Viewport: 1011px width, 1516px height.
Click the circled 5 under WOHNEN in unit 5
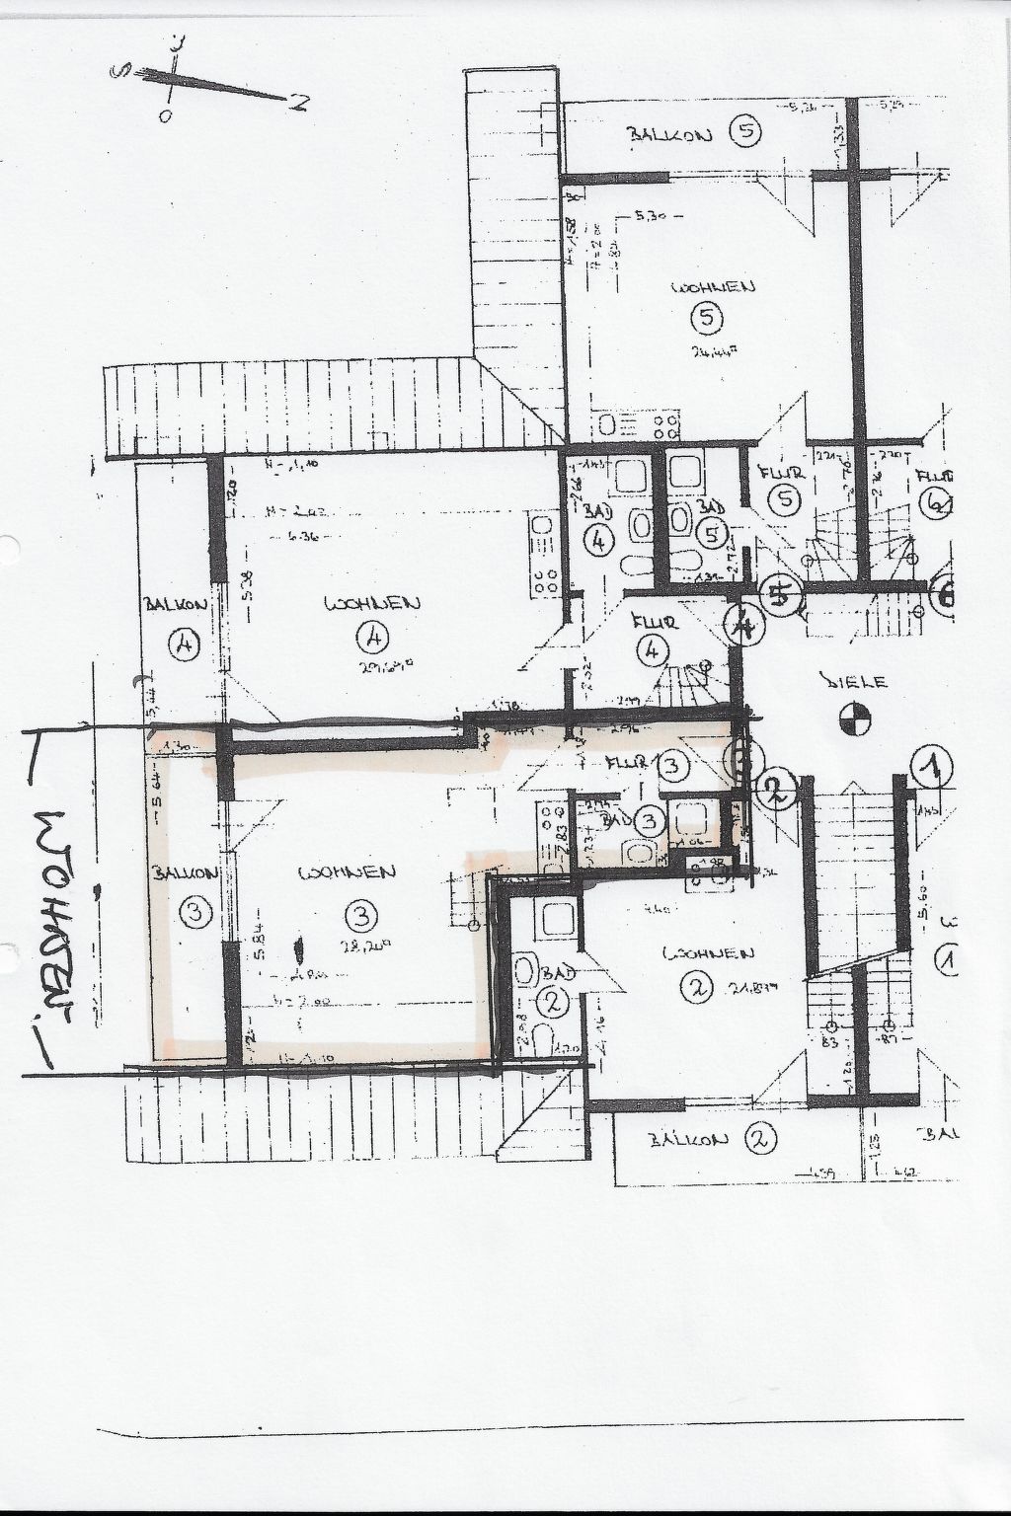(709, 319)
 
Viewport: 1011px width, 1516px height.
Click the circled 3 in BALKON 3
(195, 913)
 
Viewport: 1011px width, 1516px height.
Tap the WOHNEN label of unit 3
(350, 872)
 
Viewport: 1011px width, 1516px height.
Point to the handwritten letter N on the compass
(295, 100)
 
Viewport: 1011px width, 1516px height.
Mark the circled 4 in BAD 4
(599, 540)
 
